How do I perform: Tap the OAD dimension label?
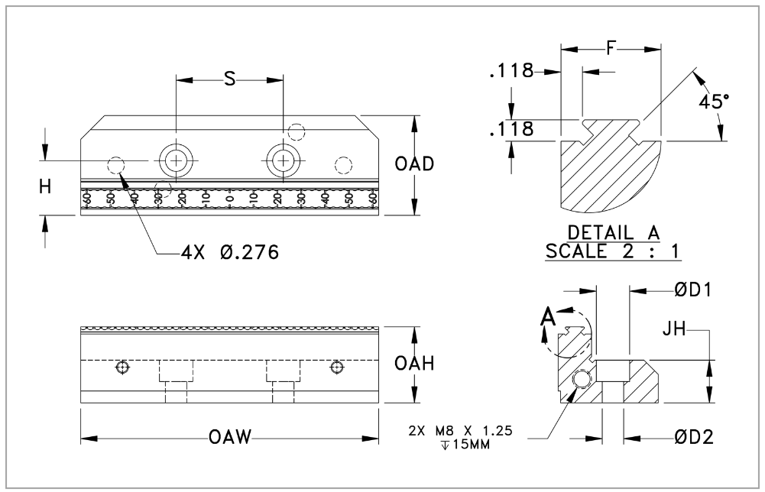point(416,165)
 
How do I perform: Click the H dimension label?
point(46,186)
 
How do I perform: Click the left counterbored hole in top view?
point(177,160)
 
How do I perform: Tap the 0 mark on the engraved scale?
point(229,199)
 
